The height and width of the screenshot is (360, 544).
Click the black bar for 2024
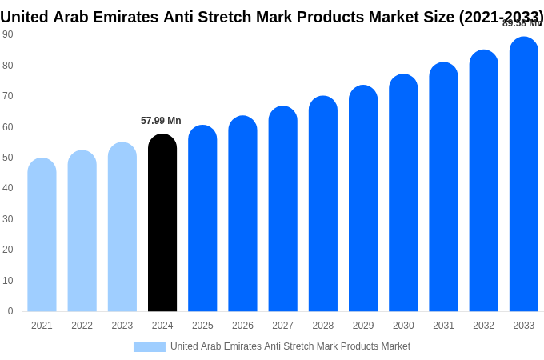coord(162,224)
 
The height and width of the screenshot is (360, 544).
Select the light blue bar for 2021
coord(42,236)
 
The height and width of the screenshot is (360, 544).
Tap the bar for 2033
coord(523,176)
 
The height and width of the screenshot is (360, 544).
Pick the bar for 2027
coord(282,210)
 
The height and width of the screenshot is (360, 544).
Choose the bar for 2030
coord(403,194)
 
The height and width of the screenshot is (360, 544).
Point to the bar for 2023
coord(122,228)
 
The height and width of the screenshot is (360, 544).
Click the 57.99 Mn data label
coord(161,121)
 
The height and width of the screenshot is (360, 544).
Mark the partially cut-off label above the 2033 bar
coord(522,23)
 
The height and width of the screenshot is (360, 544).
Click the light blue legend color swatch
coord(150,347)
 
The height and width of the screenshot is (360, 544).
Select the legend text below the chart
coord(290,346)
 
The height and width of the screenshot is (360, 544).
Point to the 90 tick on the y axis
coord(8,34)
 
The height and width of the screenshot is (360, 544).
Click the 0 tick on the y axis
coord(10,311)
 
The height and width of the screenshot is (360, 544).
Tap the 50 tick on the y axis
coord(8,158)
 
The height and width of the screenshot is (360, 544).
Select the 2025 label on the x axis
coord(202,326)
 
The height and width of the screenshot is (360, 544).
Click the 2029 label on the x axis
coord(363,326)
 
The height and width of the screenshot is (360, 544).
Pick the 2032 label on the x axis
coord(483,326)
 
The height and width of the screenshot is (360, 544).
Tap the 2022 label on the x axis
coord(82,326)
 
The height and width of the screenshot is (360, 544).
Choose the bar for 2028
coord(323,205)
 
